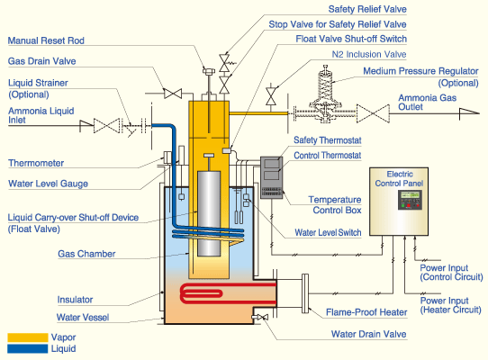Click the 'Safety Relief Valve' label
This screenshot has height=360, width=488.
[x=367, y=9]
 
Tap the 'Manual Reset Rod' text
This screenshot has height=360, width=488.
[x=46, y=40]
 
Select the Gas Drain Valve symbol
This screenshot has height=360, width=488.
[x=173, y=94]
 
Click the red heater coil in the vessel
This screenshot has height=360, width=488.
[x=228, y=293]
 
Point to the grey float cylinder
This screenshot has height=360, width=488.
[x=209, y=213]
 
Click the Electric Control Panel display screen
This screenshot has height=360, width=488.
[x=410, y=195]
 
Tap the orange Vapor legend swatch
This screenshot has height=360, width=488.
[x=28, y=337]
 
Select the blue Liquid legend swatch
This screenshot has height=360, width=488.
[x=28, y=349]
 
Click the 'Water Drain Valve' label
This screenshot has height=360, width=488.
[x=369, y=334]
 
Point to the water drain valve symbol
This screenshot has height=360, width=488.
[x=261, y=317]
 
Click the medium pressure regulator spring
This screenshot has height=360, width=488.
[x=325, y=83]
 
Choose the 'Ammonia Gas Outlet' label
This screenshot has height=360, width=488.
[x=428, y=103]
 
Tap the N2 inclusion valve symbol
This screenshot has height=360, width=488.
[x=271, y=96]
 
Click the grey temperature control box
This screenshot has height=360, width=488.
[x=271, y=177]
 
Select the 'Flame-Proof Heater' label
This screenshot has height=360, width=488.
[x=366, y=312]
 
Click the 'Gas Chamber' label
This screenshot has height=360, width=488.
[x=86, y=254]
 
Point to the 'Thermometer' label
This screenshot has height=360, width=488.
[x=36, y=163]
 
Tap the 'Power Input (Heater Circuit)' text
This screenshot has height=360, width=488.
[x=451, y=305]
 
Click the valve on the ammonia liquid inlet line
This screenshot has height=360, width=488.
[x=106, y=126]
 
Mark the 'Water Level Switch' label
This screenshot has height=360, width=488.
[x=328, y=232]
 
